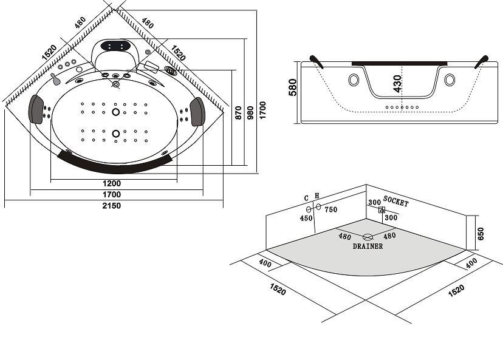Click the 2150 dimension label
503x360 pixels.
pos(111,206)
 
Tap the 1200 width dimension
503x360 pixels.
pos(111,183)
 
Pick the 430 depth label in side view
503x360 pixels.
pos(397,83)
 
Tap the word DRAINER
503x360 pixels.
pos(368,246)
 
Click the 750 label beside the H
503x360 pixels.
pos(330,210)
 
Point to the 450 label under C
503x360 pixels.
pos(306,219)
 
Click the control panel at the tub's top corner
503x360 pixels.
pos(116,46)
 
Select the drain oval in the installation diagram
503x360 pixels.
pos(368,237)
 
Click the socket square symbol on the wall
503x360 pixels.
pos(382,210)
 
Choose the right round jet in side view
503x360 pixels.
pos(450,80)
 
